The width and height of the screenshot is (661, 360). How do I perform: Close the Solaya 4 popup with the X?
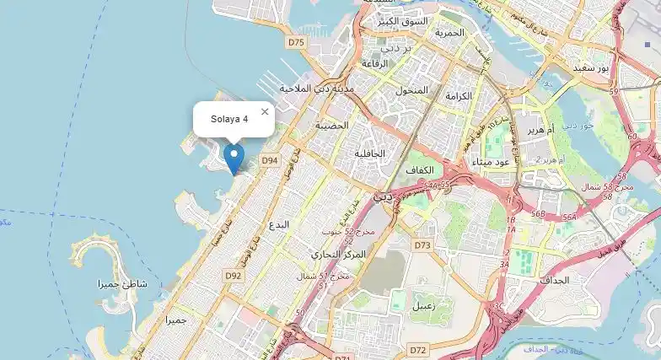265,111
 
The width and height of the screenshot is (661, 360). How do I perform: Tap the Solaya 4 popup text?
229,119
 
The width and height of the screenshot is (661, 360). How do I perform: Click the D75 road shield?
296,41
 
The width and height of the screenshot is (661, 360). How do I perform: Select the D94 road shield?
269,159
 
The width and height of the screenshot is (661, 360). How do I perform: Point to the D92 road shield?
234,275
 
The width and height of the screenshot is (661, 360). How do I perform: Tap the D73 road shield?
422,245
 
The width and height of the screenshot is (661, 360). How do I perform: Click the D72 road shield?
417,348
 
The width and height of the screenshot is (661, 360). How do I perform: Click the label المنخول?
411,89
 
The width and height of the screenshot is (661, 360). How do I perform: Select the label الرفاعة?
373,63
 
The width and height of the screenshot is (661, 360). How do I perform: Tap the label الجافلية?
369,153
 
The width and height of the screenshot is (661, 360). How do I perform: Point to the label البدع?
278,225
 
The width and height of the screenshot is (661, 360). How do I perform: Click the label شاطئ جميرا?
122,284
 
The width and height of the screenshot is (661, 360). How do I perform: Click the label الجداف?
556,279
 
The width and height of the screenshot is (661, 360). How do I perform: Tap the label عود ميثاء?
492,161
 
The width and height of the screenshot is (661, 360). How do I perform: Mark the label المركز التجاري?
339,254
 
